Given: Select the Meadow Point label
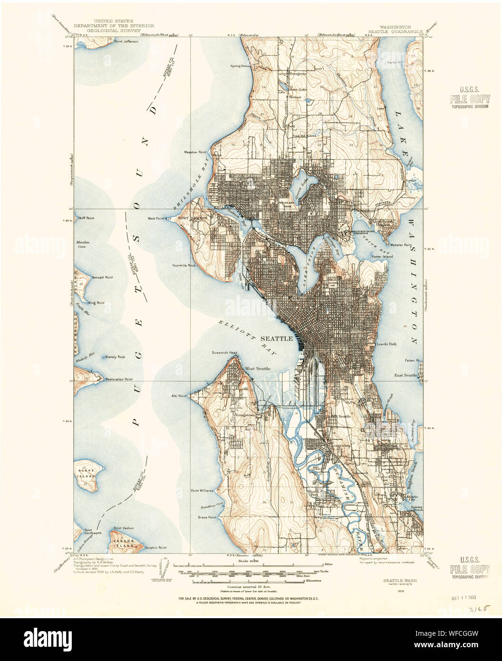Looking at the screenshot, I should [x=196, y=152].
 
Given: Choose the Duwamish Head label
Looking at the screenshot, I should [x=224, y=353].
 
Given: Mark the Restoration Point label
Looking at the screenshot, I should [x=119, y=379].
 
